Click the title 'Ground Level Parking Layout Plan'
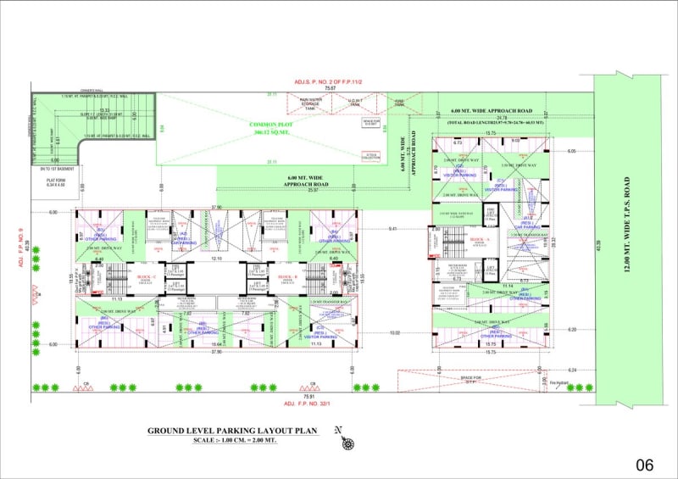pyautogui.click(x=232, y=431)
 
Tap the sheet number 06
pyautogui.click(x=644, y=465)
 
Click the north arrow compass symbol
pyautogui.click(x=346, y=440)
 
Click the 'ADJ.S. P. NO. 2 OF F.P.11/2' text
pyautogui.click(x=328, y=81)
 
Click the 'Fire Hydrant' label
pyautogui.click(x=557, y=383)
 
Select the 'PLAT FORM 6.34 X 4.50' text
pyautogui.click(x=57, y=181)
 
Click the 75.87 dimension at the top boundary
pyautogui.click(x=329, y=87)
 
